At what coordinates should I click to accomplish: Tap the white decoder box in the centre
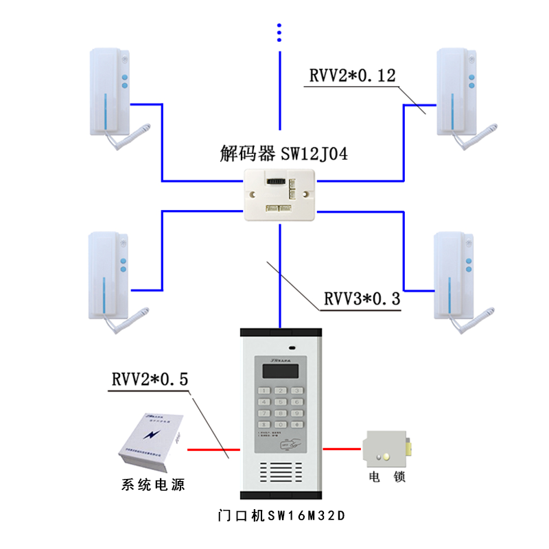281,194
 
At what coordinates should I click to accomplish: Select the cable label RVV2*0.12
352,76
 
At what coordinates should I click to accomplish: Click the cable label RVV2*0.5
149,379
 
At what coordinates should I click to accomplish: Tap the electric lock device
390,450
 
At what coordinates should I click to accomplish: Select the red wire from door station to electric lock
343,450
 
